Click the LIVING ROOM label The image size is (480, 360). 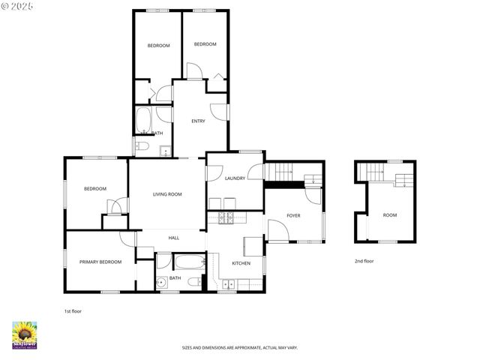pos(167,194)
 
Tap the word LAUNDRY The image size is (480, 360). pos(235,178)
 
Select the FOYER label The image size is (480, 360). pos(293,215)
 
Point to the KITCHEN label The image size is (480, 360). pos(241,263)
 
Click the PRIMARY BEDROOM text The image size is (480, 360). pos(100,262)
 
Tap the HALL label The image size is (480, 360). pos(173,238)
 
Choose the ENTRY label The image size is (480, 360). pos(198,121)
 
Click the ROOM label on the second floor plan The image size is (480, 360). pos(390,215)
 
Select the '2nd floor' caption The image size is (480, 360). pos(364,261)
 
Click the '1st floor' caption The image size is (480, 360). pos(73,310)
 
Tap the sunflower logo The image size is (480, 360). pos(25,335)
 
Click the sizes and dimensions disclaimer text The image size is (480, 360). pos(239,348)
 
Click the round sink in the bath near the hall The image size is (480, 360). pos(161,283)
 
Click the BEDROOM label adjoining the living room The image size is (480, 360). pos(95,189)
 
